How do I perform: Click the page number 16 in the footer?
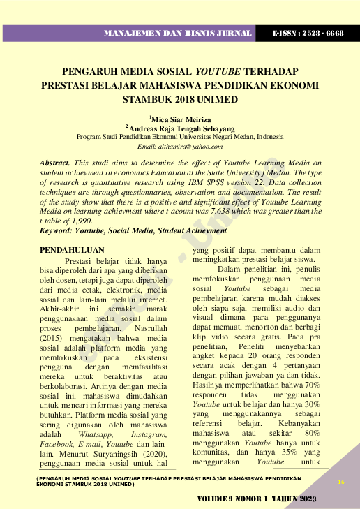point(341,482)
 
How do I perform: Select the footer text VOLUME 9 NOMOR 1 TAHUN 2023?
point(256,499)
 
